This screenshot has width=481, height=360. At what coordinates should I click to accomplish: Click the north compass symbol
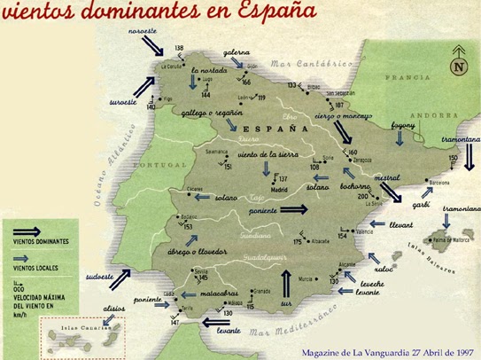pyautogui.click(x=458, y=63)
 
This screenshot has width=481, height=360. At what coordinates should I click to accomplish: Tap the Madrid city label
pyautogui.click(x=281, y=189)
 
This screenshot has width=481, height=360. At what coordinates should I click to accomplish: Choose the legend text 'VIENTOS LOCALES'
pyautogui.click(x=36, y=264)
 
